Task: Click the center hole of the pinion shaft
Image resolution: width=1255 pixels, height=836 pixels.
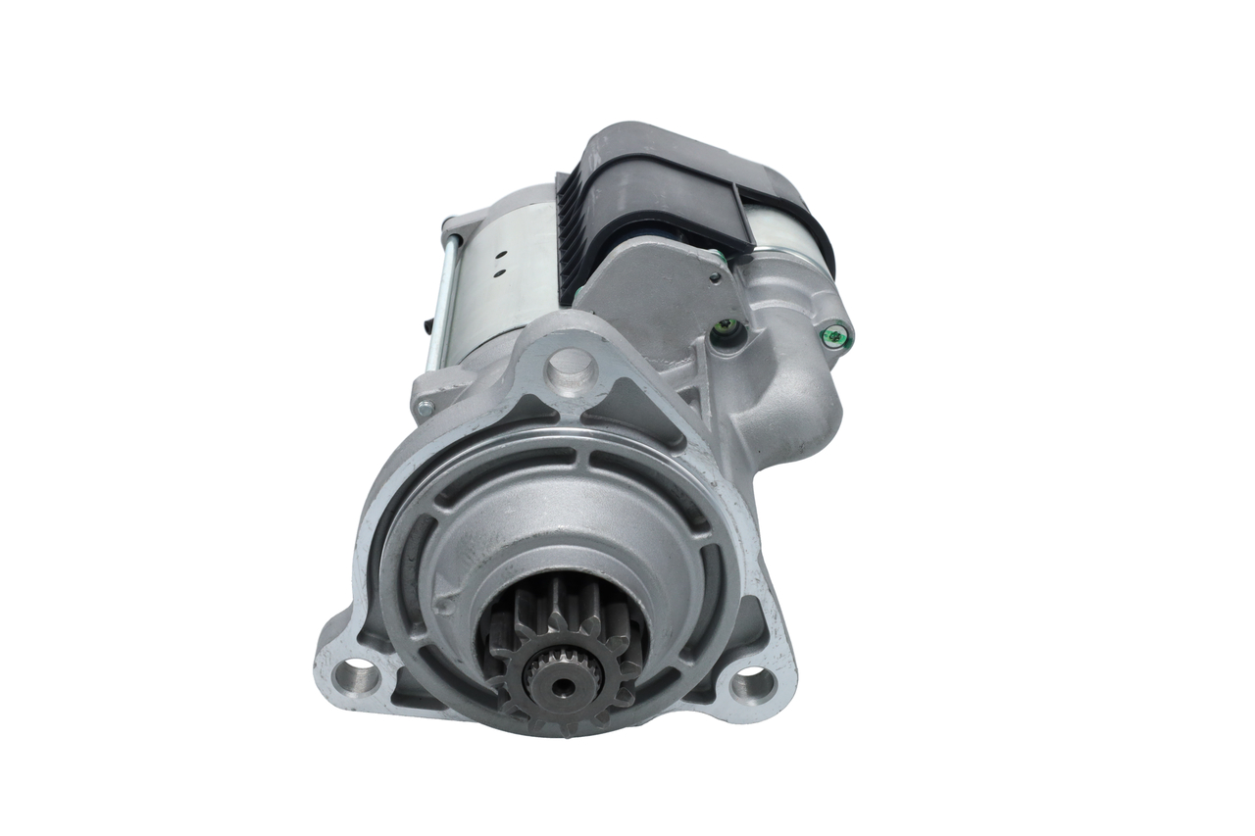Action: point(562,684)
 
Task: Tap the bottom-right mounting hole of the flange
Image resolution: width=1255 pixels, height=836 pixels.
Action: point(750,682)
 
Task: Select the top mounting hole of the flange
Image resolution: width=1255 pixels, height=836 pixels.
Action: point(571,369)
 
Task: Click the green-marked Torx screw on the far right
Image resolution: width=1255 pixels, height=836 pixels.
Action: point(835,336)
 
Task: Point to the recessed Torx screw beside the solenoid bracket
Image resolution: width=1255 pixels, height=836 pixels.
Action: point(726,327)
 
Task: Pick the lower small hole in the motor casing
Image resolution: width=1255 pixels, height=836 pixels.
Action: point(498,266)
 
